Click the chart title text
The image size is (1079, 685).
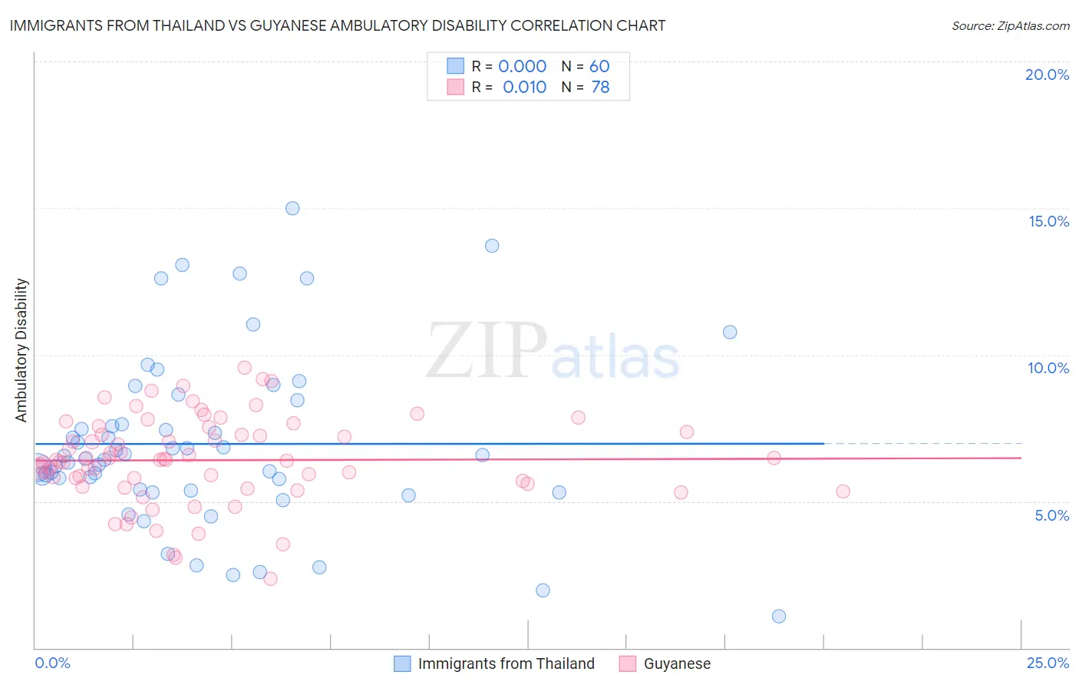[338, 25]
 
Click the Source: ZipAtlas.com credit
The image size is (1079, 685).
[1010, 25]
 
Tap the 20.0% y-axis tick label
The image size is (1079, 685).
[1047, 74]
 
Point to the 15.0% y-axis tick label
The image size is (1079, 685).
[1048, 221]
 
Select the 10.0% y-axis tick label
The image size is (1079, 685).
[1048, 368]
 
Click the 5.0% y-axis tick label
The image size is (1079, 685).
[1051, 515]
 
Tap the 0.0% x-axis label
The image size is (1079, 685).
[52, 663]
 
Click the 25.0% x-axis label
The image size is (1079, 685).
[1048, 663]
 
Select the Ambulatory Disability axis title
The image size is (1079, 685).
[21, 350]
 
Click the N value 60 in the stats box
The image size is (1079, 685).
[599, 67]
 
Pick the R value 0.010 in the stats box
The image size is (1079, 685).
[524, 88]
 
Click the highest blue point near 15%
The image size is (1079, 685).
[292, 208]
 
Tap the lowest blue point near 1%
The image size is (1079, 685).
[779, 616]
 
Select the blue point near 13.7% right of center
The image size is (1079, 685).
[492, 246]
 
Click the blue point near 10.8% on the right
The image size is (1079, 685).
[730, 332]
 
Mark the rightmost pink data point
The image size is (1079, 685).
[843, 491]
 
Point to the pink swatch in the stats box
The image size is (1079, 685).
[456, 88]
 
